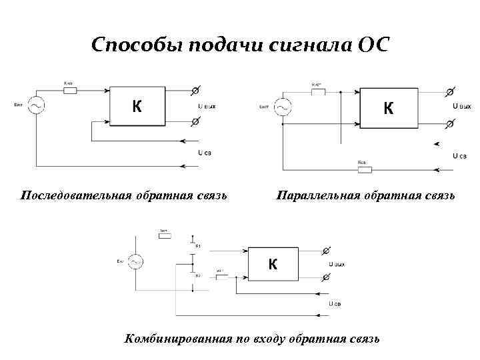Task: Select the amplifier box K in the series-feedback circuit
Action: (x=137, y=106)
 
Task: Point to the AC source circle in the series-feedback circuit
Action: (x=31, y=105)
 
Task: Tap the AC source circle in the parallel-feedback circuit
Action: (x=283, y=108)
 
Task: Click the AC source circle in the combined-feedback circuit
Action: (x=135, y=263)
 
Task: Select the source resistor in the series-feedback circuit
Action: (x=70, y=89)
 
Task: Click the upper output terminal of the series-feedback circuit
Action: (x=196, y=90)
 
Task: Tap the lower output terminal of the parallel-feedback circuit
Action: (x=450, y=125)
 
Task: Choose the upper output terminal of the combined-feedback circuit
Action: (x=325, y=250)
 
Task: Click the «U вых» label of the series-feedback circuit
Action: (x=206, y=106)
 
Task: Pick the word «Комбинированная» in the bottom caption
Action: (x=177, y=339)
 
